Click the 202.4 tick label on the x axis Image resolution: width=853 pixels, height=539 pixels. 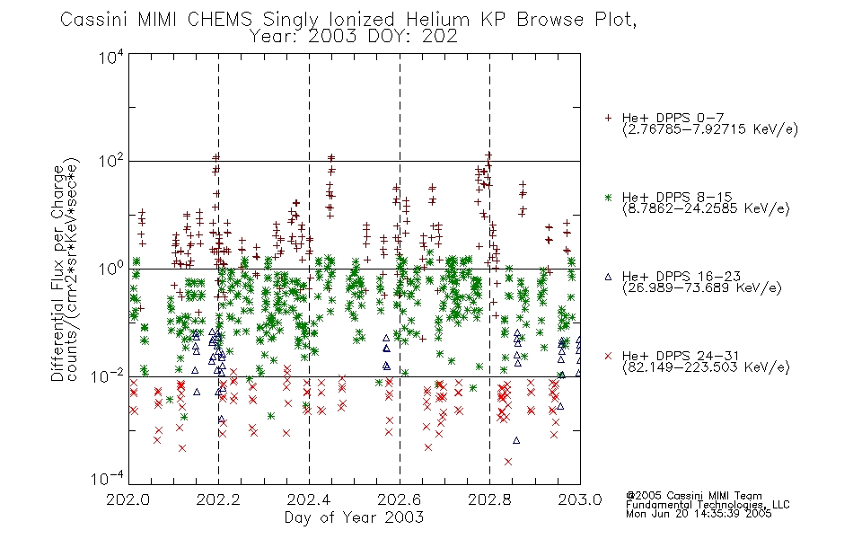tap(309, 499)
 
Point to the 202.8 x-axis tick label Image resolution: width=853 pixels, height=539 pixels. tap(489, 499)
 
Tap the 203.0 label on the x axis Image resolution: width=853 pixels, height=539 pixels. tap(580, 499)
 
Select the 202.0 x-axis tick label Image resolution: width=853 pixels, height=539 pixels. tap(128, 499)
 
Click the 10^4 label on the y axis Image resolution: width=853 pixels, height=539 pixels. tap(111, 57)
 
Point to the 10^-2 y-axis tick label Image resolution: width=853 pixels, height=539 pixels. tap(109, 376)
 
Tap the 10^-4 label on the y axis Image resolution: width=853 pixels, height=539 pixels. tap(109, 478)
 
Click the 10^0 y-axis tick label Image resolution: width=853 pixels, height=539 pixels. tap(111, 268)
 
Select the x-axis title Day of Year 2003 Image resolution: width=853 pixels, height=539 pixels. tap(354, 517)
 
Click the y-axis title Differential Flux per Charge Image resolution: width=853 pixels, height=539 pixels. tap(57, 273)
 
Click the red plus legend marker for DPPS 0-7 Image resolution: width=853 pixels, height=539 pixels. tap(608, 118)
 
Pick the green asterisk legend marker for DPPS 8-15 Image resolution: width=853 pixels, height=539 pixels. tap(608, 197)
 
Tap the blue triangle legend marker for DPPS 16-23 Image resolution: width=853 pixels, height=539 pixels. tap(608, 277)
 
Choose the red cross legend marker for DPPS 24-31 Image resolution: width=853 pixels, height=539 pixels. tap(608, 356)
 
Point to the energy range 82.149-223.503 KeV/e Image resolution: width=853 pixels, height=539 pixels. tap(706, 367)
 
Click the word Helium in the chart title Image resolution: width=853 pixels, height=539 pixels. tap(437, 20)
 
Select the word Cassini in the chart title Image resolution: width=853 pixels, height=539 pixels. tap(93, 20)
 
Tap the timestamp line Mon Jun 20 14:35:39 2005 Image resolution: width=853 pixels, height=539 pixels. tap(699, 514)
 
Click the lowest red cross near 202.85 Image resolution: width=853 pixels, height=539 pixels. tap(508, 462)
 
